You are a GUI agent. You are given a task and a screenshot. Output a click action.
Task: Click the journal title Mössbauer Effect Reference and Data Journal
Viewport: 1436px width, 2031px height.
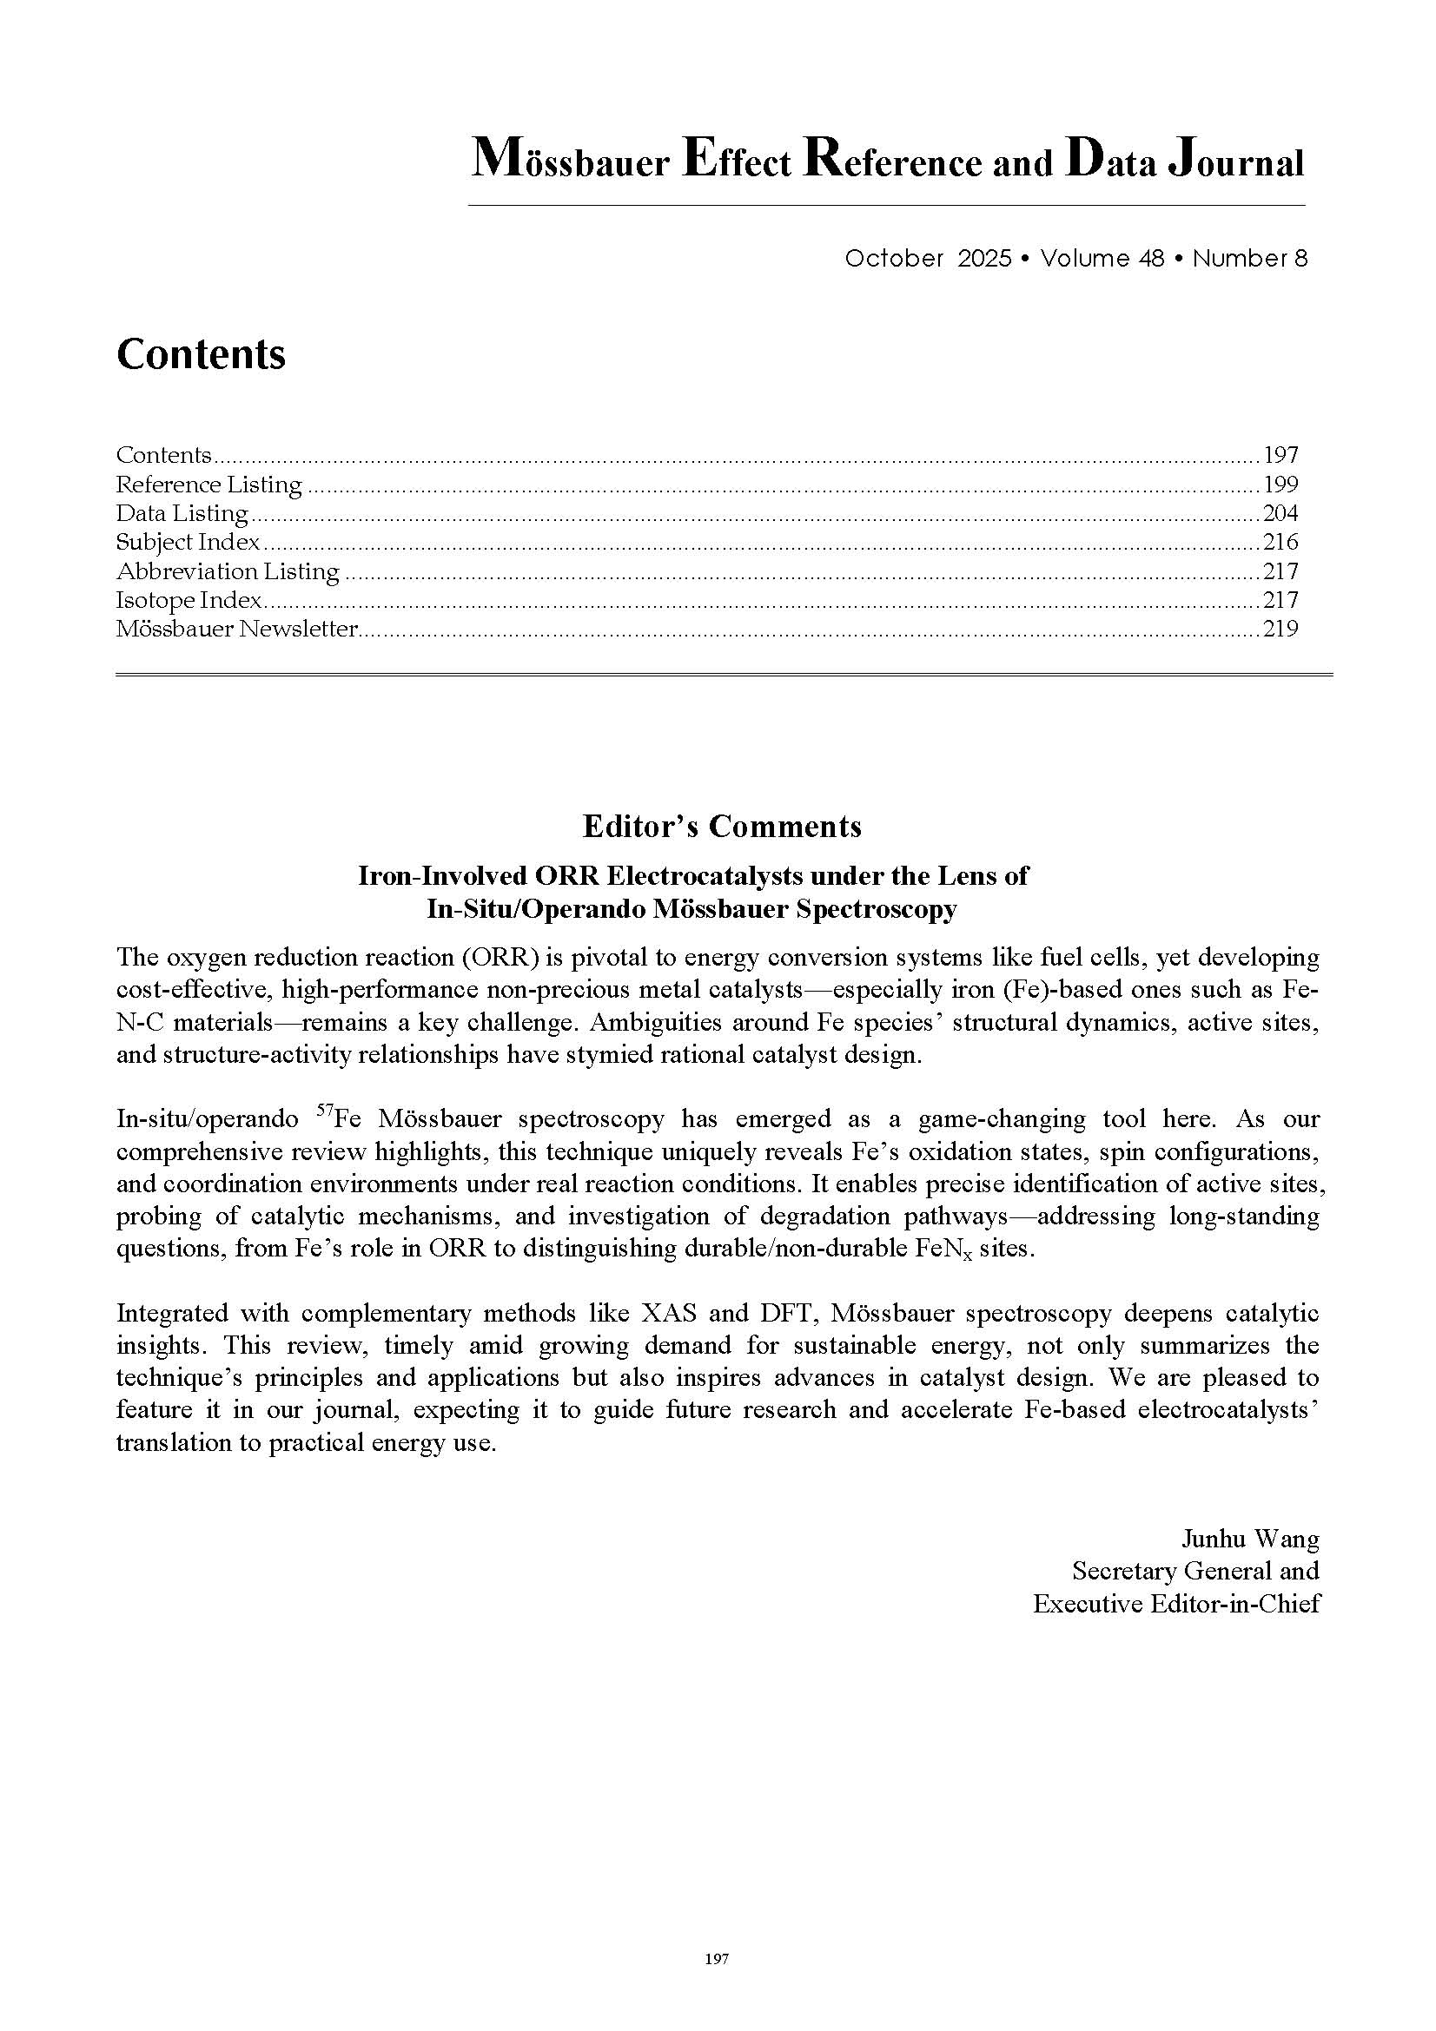[x=887, y=161]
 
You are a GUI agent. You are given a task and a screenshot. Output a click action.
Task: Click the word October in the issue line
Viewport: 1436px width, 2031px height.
[x=894, y=258]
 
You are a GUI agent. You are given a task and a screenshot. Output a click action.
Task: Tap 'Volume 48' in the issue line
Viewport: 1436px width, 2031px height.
[x=1102, y=258]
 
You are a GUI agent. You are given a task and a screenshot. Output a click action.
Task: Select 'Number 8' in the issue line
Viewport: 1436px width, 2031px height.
[x=1249, y=258]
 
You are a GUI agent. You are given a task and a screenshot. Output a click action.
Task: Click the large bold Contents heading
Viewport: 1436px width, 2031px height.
[x=201, y=353]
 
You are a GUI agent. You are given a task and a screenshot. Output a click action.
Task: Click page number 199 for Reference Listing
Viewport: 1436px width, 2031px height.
[x=1280, y=484]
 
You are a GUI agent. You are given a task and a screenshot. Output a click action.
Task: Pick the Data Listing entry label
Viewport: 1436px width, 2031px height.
[x=182, y=513]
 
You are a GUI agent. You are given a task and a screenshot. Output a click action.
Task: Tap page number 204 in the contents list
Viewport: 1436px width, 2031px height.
[x=1280, y=513]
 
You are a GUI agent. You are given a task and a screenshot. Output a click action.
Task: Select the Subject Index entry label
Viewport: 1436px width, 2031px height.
[x=189, y=542]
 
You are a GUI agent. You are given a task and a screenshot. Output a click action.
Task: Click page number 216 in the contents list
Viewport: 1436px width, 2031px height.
[x=1280, y=542]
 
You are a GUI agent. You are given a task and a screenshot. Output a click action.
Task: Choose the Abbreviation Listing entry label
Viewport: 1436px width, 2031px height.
[x=228, y=571]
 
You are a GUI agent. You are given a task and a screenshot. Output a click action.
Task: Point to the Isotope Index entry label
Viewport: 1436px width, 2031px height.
[x=189, y=600]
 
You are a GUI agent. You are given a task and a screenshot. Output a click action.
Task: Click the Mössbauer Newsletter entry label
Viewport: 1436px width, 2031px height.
[x=237, y=629]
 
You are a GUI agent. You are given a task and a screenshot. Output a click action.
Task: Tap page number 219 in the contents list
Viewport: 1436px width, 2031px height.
[x=1280, y=629]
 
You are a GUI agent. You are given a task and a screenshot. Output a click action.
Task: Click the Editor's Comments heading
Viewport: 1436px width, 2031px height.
[x=722, y=826]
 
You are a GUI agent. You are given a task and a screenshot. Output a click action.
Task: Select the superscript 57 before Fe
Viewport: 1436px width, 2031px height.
[x=324, y=1111]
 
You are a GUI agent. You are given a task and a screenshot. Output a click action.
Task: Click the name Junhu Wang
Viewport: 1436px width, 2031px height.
[x=1250, y=1540]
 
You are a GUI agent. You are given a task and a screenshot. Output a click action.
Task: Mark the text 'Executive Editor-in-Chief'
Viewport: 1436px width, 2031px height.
[x=1176, y=1603]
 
